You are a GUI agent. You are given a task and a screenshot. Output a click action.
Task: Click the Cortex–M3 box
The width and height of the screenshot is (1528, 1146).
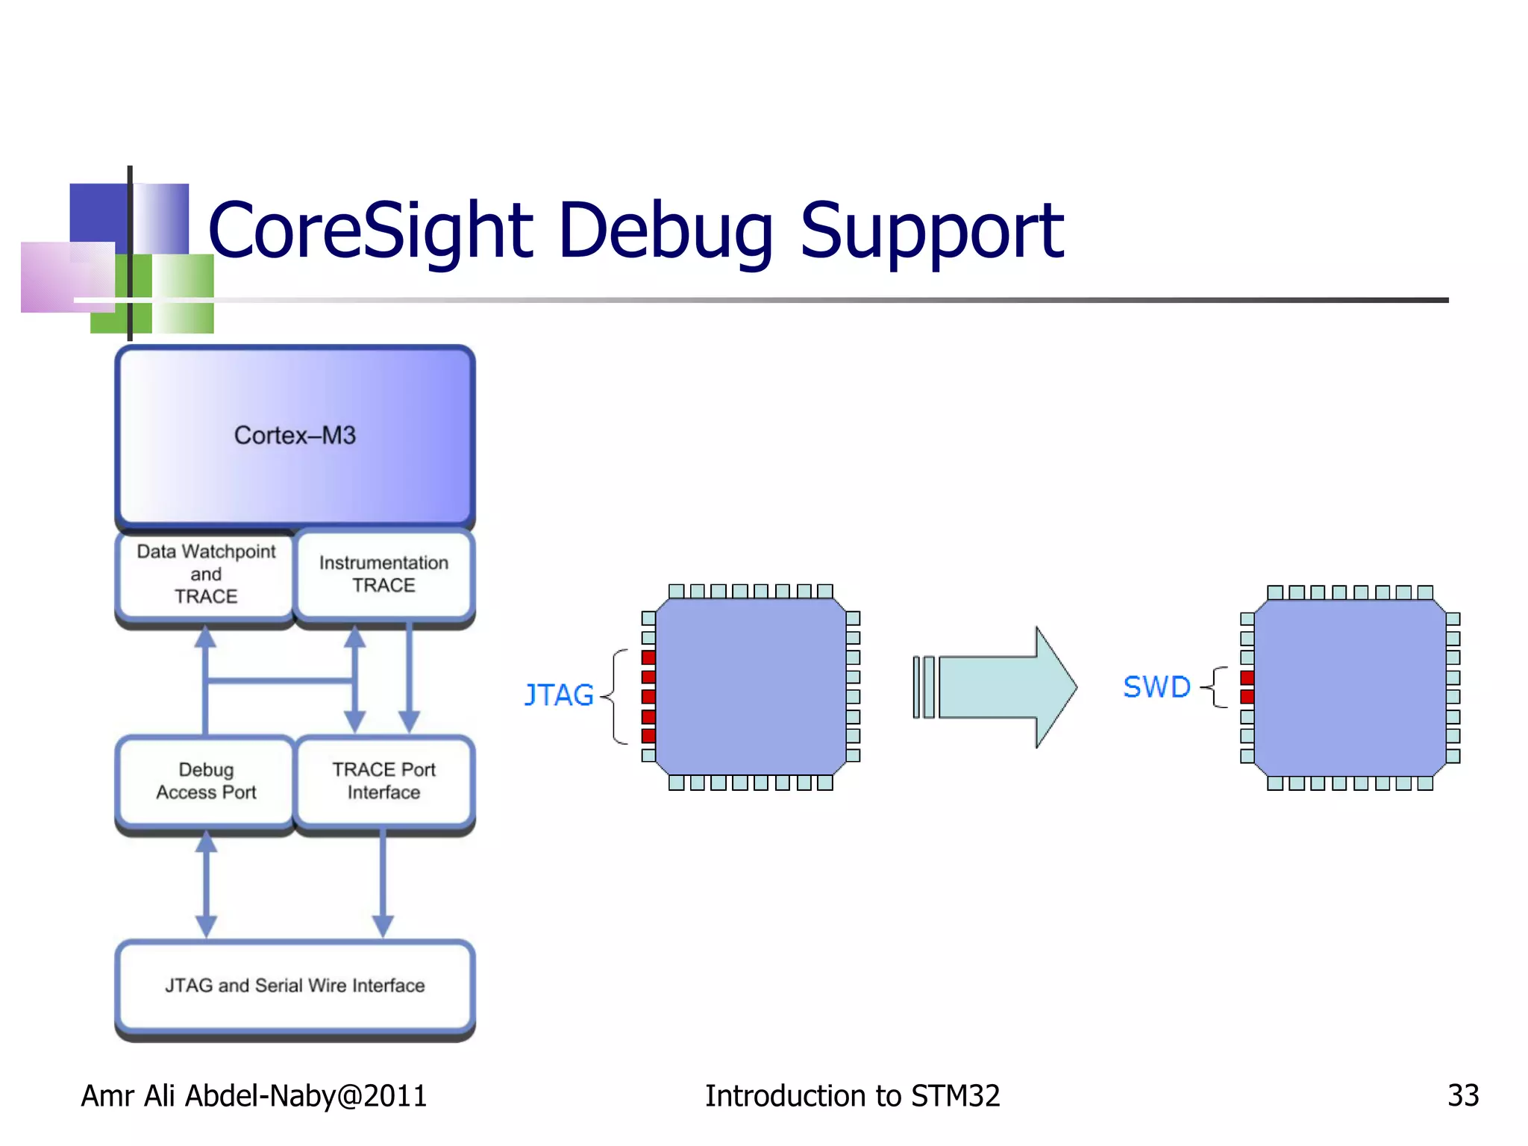click(295, 436)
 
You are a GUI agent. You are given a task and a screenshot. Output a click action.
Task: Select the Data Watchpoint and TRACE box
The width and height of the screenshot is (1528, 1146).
click(205, 574)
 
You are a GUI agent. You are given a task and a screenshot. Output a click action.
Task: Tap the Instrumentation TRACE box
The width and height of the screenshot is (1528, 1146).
click(383, 574)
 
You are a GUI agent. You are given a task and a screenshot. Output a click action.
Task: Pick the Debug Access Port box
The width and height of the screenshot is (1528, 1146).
click(205, 780)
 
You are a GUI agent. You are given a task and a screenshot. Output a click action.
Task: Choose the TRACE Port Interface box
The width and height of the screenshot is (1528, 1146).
click(383, 780)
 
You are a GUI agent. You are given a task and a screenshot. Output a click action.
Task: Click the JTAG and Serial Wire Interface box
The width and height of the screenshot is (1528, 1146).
click(295, 986)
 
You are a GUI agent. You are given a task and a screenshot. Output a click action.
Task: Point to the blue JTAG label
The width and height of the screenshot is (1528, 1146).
click(559, 695)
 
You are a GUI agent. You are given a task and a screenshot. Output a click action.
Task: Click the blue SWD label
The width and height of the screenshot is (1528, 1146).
click(1156, 687)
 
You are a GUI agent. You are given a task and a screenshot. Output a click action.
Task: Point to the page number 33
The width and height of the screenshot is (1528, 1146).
click(1462, 1096)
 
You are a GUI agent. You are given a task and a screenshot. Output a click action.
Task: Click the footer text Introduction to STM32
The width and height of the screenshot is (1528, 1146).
click(852, 1096)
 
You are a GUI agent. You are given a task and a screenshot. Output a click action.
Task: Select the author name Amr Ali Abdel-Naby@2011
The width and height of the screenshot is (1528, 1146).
click(254, 1096)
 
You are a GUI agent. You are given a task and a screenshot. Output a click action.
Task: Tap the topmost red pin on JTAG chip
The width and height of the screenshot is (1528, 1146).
click(648, 657)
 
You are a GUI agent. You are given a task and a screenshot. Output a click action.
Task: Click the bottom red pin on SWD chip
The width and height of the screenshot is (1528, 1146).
click(1247, 697)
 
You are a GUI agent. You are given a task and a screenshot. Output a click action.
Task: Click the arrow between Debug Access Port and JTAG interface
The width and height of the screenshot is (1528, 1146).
click(206, 885)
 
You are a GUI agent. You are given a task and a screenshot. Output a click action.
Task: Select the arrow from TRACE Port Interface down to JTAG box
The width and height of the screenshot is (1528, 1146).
click(383, 885)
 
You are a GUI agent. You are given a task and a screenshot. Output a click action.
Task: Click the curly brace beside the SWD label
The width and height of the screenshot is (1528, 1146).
click(1217, 687)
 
